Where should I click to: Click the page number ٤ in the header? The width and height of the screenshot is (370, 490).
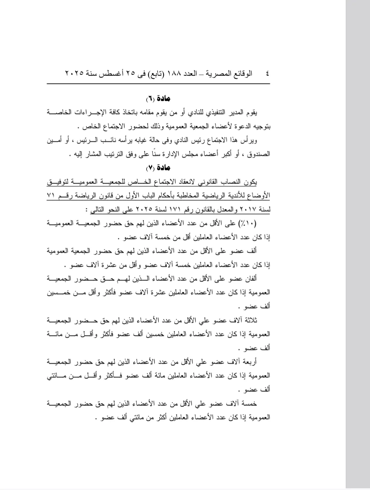click(267, 74)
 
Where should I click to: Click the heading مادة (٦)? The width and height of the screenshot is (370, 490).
click(158, 99)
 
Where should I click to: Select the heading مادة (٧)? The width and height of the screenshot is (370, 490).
click(158, 168)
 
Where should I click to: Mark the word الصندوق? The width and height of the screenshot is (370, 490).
click(260, 154)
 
